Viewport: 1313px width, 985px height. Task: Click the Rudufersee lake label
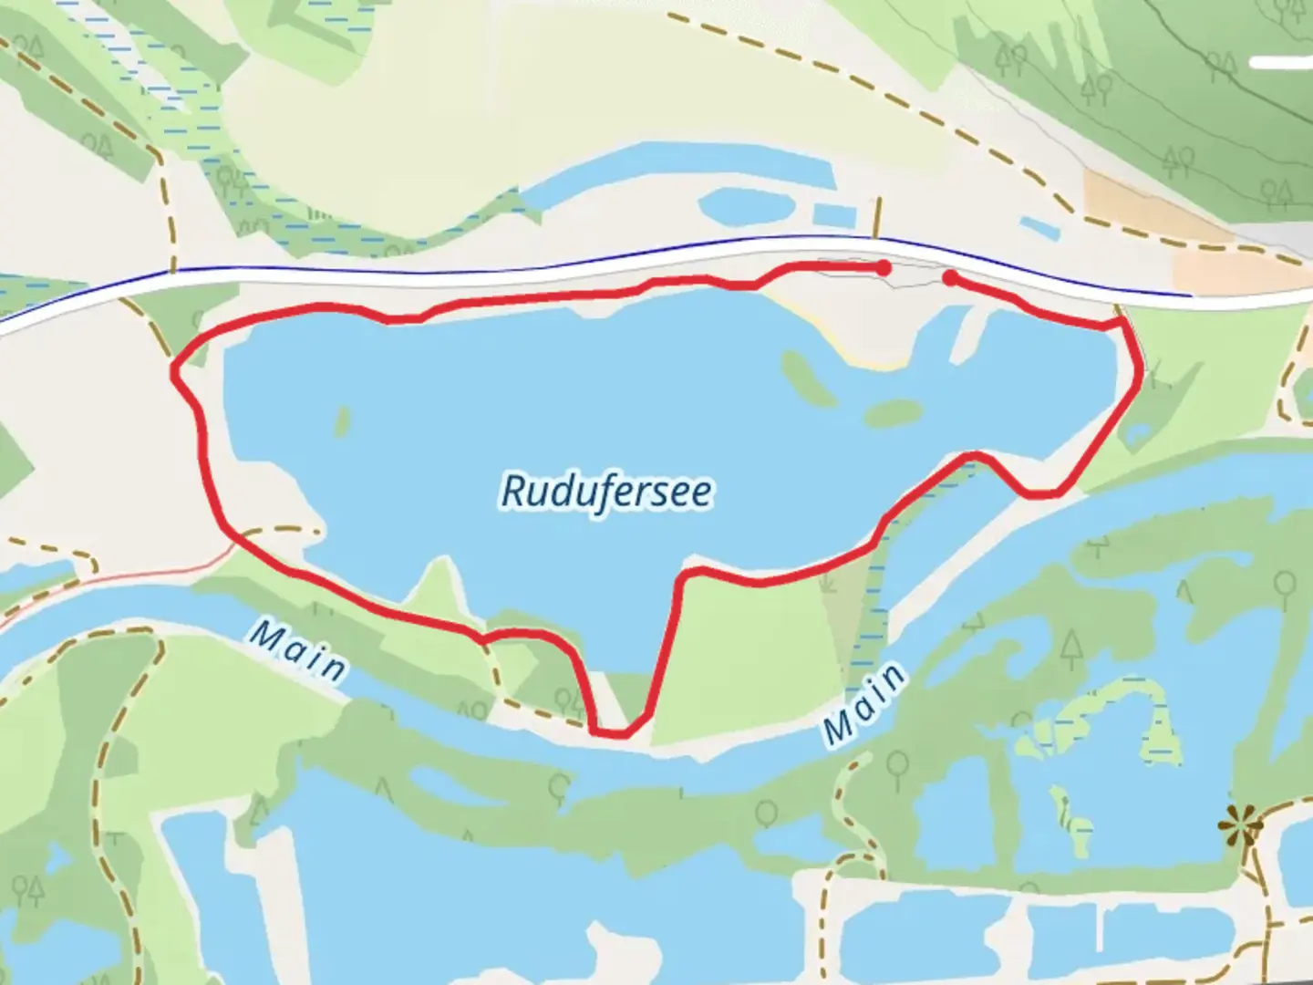coord(606,491)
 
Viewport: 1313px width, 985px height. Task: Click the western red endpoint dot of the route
coord(883,267)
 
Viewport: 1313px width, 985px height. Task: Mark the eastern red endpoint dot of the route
coord(950,278)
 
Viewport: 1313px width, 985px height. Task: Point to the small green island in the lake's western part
coord(342,421)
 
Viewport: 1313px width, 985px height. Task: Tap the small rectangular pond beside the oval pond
coord(835,215)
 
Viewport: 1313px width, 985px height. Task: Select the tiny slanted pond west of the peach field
coord(1039,227)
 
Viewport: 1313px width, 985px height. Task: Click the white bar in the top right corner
coord(1280,62)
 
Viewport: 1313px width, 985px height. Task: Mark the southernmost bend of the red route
coord(609,731)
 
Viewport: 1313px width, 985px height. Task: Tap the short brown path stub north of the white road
coord(878,217)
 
